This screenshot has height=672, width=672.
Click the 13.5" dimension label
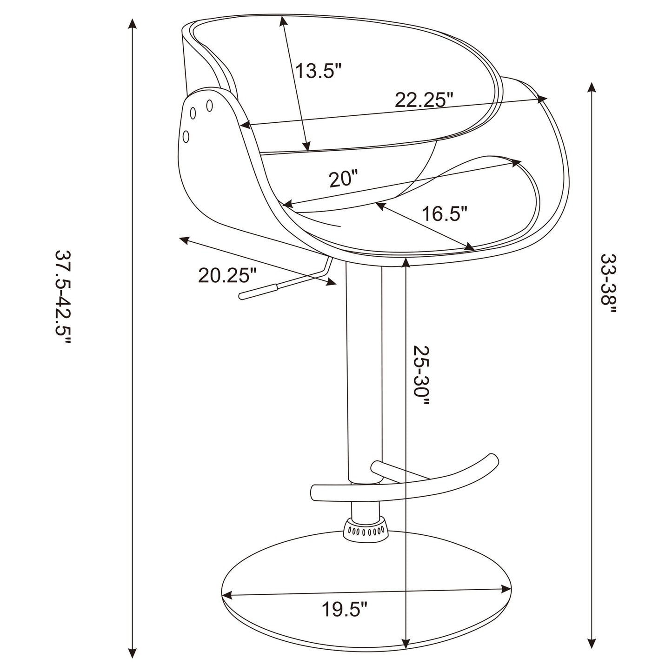[319, 71]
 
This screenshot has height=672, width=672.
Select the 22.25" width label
[424, 100]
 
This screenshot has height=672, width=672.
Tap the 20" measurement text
[344, 179]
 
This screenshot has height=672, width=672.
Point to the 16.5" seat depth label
[444, 214]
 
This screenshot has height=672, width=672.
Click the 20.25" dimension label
[227, 275]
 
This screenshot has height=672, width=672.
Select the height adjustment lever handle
[258, 292]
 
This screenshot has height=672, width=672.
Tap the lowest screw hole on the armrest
[186, 136]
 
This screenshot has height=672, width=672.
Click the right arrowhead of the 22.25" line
[542, 98]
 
